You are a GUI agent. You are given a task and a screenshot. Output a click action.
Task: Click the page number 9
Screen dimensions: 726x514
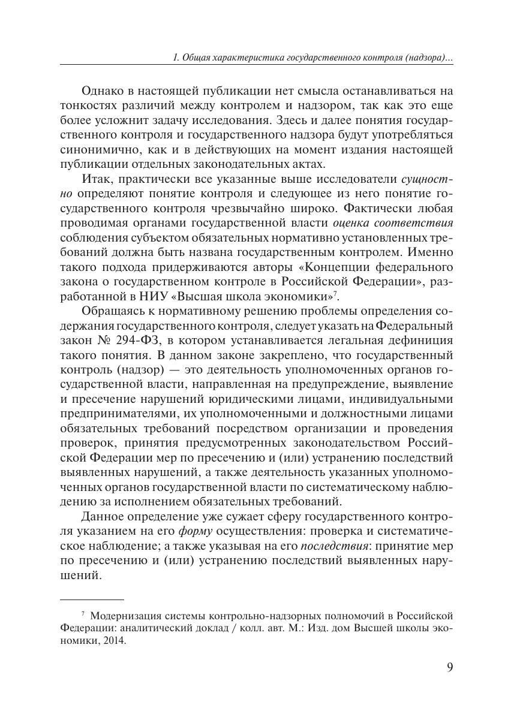tap(449, 668)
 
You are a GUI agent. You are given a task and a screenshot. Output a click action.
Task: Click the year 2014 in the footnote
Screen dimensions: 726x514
tap(115, 640)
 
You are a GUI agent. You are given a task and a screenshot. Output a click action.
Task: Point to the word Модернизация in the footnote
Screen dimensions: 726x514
tap(128, 616)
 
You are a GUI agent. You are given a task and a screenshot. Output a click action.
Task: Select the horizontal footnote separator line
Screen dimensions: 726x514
tap(92, 599)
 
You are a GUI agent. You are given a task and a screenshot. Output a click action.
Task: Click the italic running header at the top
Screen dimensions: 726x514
tap(312, 58)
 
